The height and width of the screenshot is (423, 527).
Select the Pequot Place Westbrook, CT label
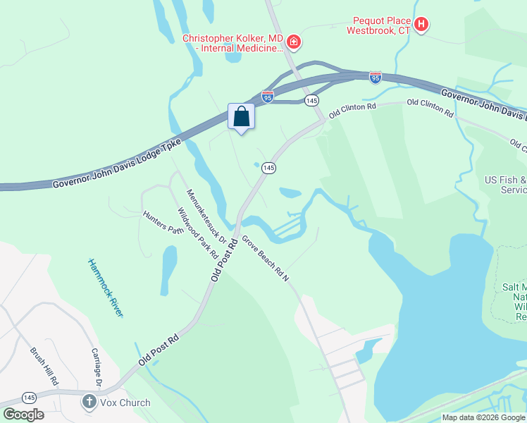(x=378, y=27)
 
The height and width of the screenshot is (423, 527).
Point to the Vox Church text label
(x=125, y=403)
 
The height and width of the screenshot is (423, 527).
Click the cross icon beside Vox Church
(x=89, y=403)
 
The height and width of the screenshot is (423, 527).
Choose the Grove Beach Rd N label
(x=266, y=258)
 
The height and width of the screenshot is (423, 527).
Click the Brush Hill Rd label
(x=44, y=365)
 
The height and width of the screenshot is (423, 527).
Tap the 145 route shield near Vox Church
(x=30, y=398)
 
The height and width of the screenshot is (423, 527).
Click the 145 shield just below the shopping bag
(x=268, y=168)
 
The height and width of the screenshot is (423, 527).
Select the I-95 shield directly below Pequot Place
(x=376, y=76)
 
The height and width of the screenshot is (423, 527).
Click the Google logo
(x=23, y=414)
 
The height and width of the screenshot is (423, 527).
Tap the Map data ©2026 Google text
(x=483, y=417)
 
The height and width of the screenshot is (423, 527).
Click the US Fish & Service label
(x=505, y=185)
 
